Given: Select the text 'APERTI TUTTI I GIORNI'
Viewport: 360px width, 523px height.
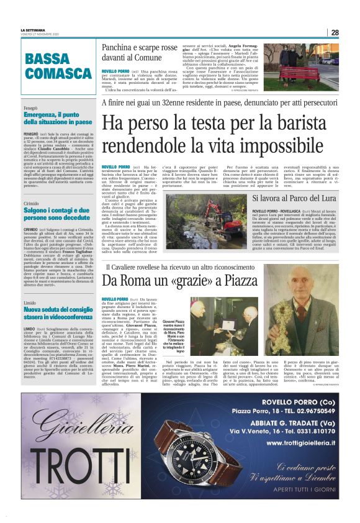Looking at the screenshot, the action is (x=295, y=506).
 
